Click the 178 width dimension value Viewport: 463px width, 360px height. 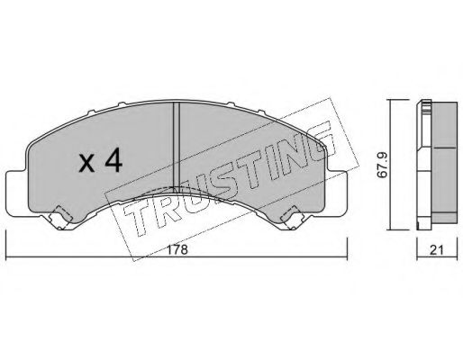tap(177, 250)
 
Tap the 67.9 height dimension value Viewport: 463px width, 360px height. tap(384, 166)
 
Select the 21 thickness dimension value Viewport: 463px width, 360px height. tap(436, 250)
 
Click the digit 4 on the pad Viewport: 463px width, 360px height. tap(113, 161)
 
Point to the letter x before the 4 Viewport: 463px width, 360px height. tap(86, 165)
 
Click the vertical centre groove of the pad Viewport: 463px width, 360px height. tap(177, 145)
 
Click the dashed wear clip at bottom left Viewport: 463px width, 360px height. tap(61, 218)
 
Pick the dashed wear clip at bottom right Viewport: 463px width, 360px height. tap(292, 219)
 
